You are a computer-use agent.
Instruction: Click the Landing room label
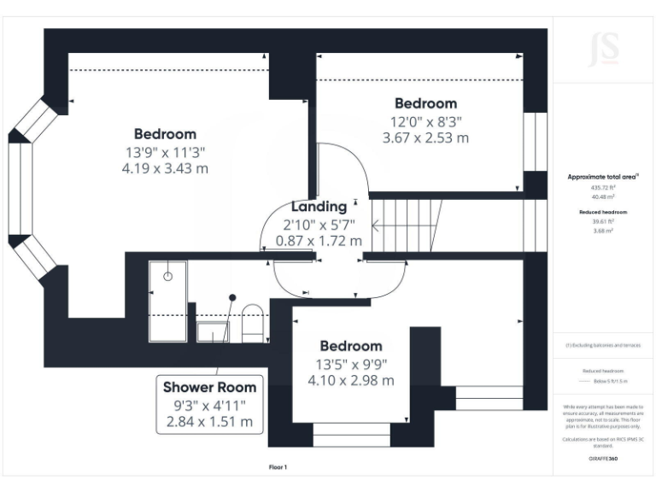[x=319, y=207]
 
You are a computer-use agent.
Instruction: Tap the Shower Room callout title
[x=209, y=387]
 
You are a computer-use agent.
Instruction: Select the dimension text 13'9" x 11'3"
[x=165, y=151]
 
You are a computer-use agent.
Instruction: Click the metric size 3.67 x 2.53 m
[x=425, y=138]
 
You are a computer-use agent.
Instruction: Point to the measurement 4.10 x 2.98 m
[x=350, y=380]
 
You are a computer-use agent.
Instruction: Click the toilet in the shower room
[x=252, y=322]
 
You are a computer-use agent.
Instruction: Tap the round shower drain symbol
[x=168, y=276]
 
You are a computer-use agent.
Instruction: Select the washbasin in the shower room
[x=209, y=331]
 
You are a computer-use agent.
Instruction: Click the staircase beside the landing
[x=407, y=225]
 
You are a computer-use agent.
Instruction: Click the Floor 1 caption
[x=278, y=467]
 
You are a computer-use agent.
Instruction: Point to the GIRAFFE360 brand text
[x=603, y=459]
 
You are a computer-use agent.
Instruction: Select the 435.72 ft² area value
[x=603, y=187]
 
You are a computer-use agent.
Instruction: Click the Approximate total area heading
[x=603, y=177]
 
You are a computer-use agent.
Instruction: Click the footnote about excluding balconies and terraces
[x=603, y=346]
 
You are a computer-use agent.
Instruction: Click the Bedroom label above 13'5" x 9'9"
[x=350, y=346]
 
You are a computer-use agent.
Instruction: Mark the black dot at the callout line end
[x=231, y=297]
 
